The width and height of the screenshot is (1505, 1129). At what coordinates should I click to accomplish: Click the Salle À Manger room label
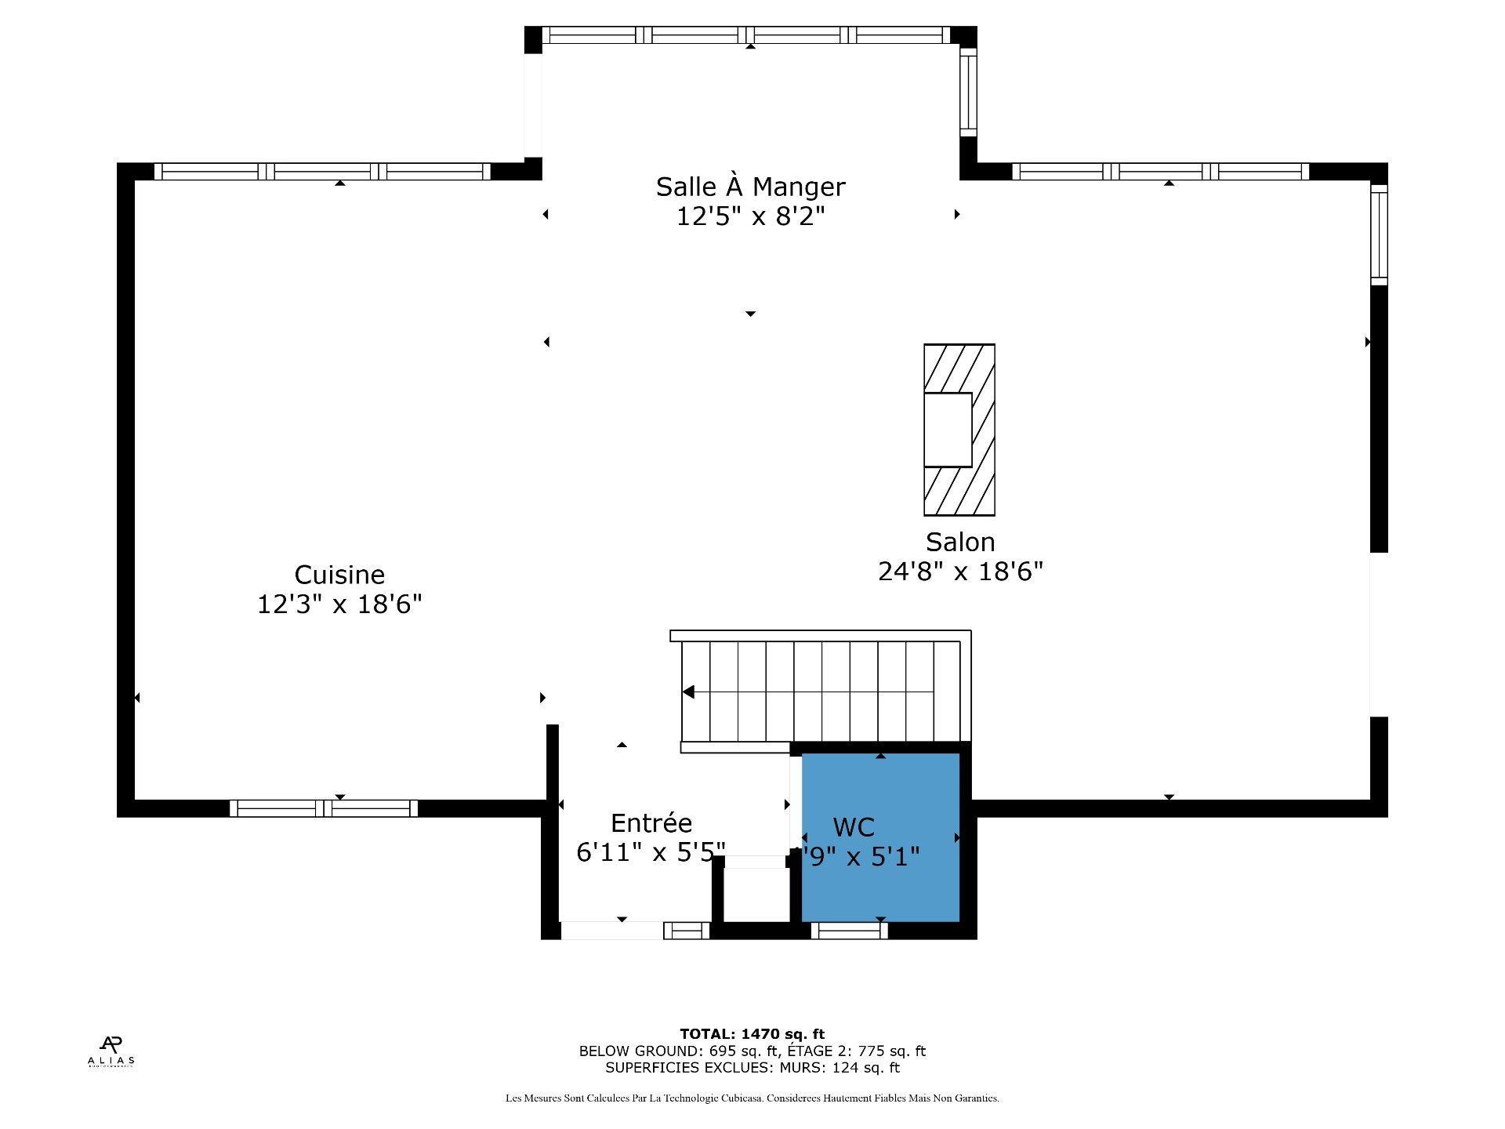point(750,187)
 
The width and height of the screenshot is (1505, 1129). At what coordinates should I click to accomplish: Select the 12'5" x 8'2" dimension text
point(750,216)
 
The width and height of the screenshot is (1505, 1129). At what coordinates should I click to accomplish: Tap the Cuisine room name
point(339,575)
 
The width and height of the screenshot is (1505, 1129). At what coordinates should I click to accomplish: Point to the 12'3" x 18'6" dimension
point(339,604)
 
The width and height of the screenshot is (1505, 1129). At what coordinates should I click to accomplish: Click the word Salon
point(960,542)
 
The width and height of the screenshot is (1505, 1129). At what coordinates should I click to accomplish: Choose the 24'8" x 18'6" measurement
point(960,572)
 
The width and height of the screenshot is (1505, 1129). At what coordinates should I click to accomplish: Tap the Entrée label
point(651,822)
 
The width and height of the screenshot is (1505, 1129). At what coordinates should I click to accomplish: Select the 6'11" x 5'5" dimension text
point(651,851)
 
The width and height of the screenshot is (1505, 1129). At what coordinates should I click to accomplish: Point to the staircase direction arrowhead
point(688,692)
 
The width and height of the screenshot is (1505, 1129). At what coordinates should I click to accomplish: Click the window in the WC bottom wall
point(849,931)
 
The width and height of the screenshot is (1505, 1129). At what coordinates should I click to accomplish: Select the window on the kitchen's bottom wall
point(324,808)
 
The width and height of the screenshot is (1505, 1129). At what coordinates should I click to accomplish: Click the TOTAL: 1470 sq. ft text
point(752,1034)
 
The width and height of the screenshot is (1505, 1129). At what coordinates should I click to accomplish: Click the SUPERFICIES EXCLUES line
point(752,1067)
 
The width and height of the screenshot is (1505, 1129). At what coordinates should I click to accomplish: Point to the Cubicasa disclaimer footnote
point(752,1098)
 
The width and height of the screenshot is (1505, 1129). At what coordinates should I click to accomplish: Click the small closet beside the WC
point(756,894)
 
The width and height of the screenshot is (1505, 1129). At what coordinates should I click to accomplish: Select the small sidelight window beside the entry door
point(687,931)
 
